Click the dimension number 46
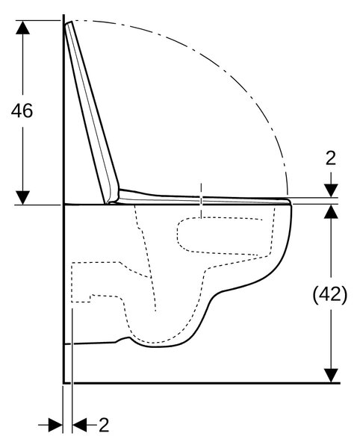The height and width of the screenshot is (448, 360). pos(22,111)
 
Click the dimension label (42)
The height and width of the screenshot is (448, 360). pos(330,294)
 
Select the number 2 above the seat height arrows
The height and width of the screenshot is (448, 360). pos(331,158)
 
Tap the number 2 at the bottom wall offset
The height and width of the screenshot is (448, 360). pos(104,425)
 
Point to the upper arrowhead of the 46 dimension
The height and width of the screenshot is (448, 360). pos(23,28)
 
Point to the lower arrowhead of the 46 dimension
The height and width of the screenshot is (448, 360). pos(23,198)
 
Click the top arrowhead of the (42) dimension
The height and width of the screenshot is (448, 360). pos(331,212)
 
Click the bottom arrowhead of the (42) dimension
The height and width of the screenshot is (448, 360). pos(331,376)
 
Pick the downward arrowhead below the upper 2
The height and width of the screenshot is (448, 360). pos(331,190)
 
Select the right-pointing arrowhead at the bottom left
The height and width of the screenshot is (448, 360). pos(55,425)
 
